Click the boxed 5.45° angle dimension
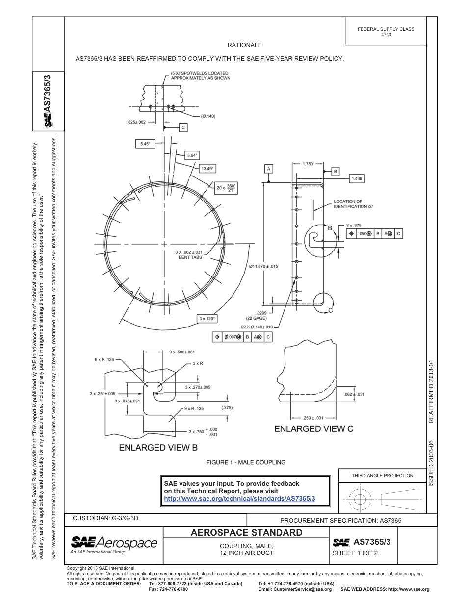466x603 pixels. click(145, 144)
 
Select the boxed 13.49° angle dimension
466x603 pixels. click(207, 168)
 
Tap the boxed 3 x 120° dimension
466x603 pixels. click(207, 318)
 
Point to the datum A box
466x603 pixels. click(268, 168)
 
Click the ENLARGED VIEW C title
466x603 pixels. click(313, 428)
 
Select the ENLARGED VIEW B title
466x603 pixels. click(158, 447)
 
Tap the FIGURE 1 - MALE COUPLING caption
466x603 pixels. click(246, 462)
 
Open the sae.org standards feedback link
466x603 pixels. click(239, 498)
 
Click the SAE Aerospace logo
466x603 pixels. click(114, 543)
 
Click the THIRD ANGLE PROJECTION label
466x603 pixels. click(382, 475)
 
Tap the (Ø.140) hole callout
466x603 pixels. click(208, 116)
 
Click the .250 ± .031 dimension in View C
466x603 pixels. click(313, 418)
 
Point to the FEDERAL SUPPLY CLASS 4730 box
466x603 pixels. click(386, 32)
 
